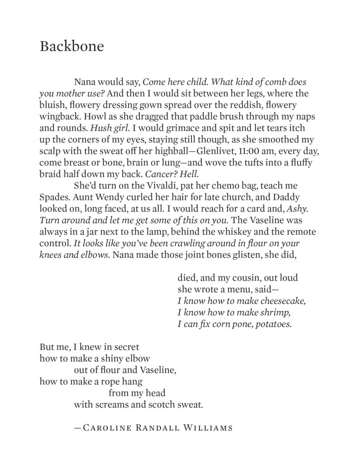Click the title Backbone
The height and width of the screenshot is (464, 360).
click(x=72, y=47)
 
